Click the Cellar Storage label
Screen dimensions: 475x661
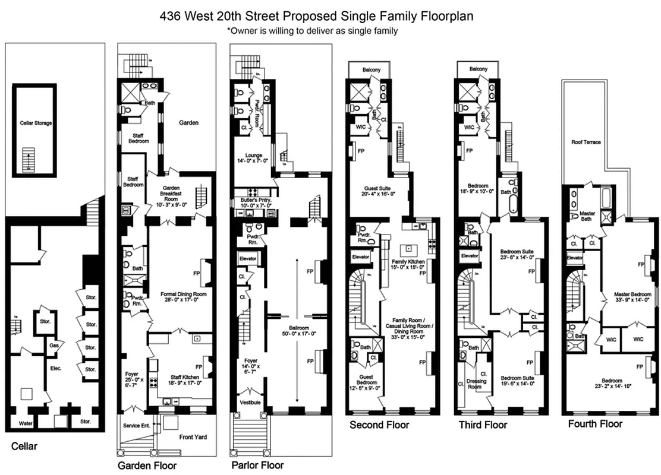click(36, 123)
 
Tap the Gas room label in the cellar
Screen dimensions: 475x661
click(53, 344)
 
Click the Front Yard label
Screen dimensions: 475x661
click(193, 437)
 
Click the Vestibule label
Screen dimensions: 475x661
click(250, 403)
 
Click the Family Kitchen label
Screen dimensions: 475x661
click(407, 265)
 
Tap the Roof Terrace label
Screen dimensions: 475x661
click(586, 142)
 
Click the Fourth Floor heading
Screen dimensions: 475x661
click(595, 424)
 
